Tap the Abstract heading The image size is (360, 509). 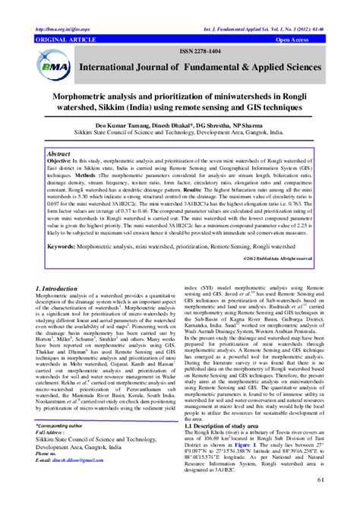(x=59, y=153)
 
